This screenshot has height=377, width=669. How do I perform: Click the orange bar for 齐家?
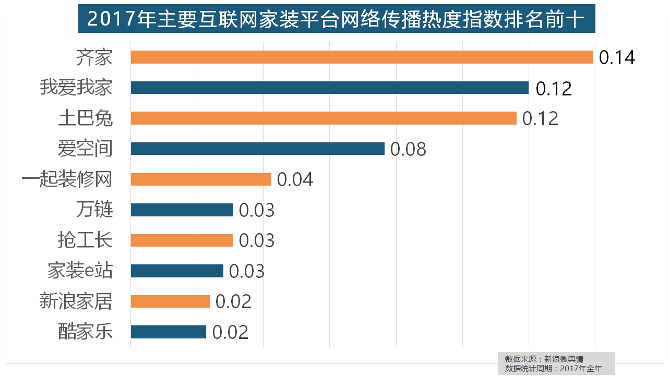tap(362, 57)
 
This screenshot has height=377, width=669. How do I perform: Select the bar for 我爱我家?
tap(329, 88)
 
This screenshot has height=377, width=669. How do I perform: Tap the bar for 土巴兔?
tap(324, 118)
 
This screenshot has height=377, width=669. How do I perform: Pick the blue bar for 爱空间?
tap(257, 149)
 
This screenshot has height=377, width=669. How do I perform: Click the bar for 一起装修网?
tap(201, 179)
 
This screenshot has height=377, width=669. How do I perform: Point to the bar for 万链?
tap(182, 210)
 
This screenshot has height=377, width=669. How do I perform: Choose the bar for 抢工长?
tap(182, 240)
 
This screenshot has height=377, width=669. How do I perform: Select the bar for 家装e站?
tap(177, 271)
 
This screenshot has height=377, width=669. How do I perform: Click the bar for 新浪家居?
tap(170, 301)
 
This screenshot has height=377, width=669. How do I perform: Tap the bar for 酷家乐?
tap(168, 332)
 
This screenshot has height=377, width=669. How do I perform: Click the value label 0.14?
tap(617, 57)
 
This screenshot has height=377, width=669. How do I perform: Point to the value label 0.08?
tap(408, 149)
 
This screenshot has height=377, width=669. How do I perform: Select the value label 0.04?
tap(295, 180)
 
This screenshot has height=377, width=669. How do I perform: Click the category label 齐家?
tap(94, 57)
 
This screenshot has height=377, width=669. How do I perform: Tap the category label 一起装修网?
tap(67, 179)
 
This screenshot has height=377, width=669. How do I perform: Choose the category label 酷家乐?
tap(85, 332)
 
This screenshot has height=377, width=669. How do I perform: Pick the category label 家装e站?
tap(80, 271)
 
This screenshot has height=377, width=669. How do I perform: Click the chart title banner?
tap(337, 19)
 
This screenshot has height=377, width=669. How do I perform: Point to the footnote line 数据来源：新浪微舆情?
tap(544, 359)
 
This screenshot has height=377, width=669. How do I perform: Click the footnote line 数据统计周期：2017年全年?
tap(553, 368)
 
